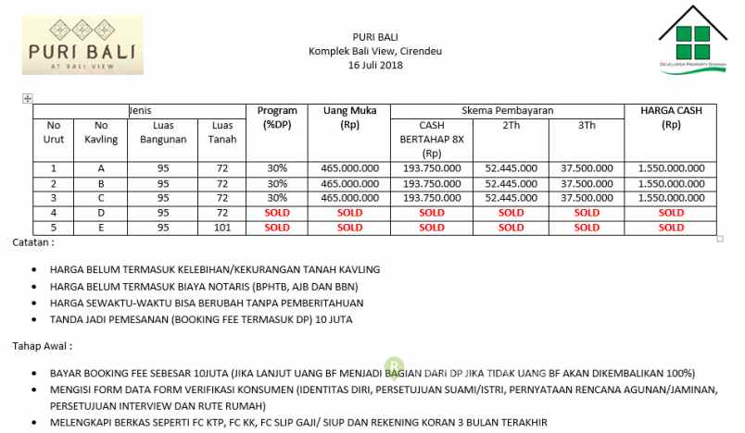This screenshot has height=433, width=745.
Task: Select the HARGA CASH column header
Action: coord(672,117)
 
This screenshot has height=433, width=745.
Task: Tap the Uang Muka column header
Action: coord(349,117)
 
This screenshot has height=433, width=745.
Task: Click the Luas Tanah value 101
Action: coord(221,227)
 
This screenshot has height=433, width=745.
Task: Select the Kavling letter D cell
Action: coord(100,212)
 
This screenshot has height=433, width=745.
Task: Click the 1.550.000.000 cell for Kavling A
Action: coord(672,168)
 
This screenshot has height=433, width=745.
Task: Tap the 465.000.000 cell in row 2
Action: coord(349,183)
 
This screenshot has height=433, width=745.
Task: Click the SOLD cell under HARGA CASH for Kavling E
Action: coord(672,227)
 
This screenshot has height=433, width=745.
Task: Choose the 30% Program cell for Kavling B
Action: coord(276,183)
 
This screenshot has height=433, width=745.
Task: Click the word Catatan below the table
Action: coord(33,242)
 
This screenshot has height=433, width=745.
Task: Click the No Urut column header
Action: coord(54,131)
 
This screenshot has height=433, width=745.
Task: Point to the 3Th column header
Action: coord(587,124)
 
